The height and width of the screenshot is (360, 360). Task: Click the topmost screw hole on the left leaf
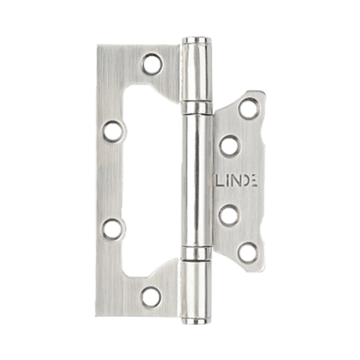coord(152,64)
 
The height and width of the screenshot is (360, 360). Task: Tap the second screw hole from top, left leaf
coord(113,131)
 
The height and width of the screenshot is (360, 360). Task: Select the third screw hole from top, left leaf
coord(113,229)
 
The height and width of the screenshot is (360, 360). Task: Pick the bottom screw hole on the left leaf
coord(151,298)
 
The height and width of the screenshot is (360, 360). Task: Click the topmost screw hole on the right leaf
coord(250,108)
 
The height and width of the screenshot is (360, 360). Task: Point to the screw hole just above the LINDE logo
coord(230,146)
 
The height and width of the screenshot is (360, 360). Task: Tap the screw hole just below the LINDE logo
coord(229,215)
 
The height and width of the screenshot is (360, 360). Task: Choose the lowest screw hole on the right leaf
coord(248,253)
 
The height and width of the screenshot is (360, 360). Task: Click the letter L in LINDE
coord(220,181)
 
